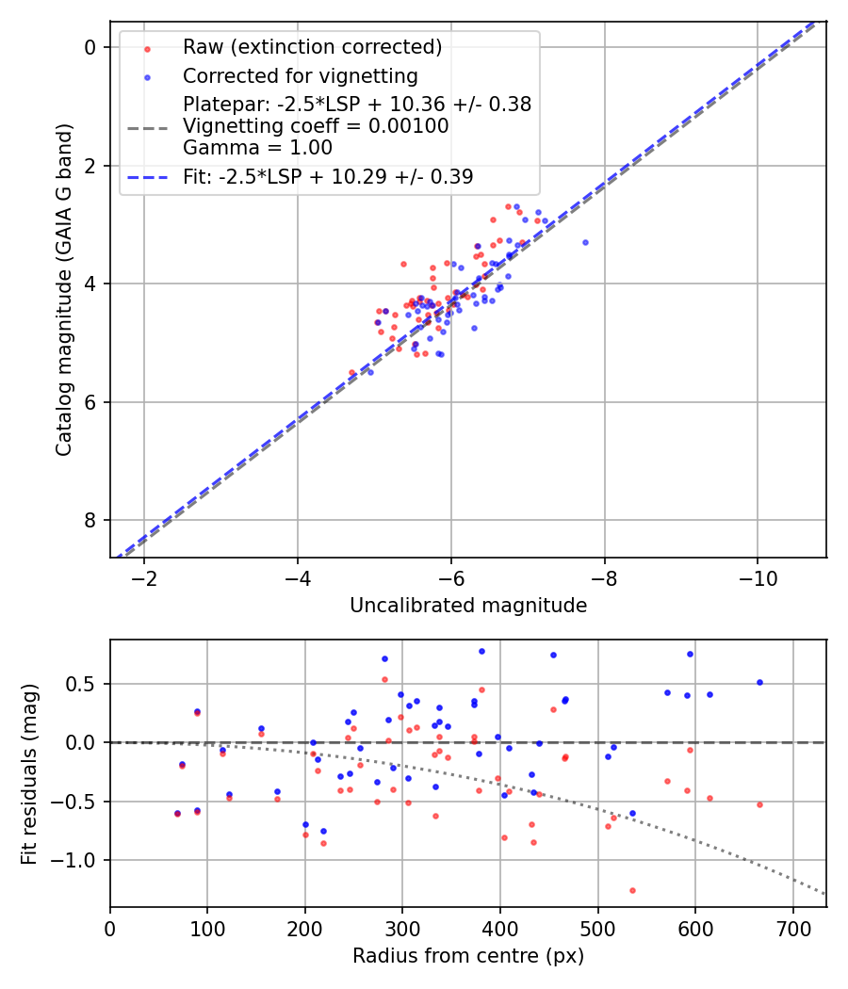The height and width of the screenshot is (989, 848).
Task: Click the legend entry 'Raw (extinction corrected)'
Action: (312, 47)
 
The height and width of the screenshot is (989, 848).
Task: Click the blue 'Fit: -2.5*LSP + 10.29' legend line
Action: (148, 176)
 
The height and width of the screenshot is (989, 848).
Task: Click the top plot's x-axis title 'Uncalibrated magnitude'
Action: (468, 606)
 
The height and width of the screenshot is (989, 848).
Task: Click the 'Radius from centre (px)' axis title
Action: (468, 956)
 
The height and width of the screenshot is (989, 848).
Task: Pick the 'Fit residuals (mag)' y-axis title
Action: (30, 773)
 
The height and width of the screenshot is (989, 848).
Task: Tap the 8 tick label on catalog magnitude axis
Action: (90, 520)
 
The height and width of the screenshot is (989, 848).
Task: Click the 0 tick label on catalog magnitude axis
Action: (90, 47)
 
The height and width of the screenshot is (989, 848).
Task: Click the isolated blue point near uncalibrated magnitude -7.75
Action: (585, 242)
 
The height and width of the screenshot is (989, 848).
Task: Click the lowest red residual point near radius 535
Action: (632, 890)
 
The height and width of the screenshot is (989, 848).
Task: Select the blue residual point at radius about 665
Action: (759, 682)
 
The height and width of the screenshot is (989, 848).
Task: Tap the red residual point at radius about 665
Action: (759, 804)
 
